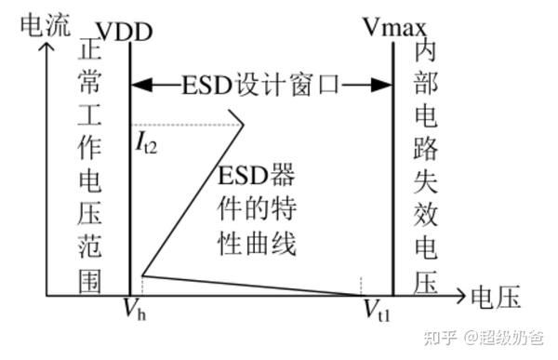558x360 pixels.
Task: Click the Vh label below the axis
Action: (x=135, y=310)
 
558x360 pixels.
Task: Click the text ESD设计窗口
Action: (x=260, y=84)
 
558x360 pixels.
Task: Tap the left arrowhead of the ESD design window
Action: (x=138, y=84)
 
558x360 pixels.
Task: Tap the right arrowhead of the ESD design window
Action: (x=383, y=84)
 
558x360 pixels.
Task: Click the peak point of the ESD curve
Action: (x=244, y=124)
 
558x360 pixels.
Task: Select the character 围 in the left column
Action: (x=91, y=279)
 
